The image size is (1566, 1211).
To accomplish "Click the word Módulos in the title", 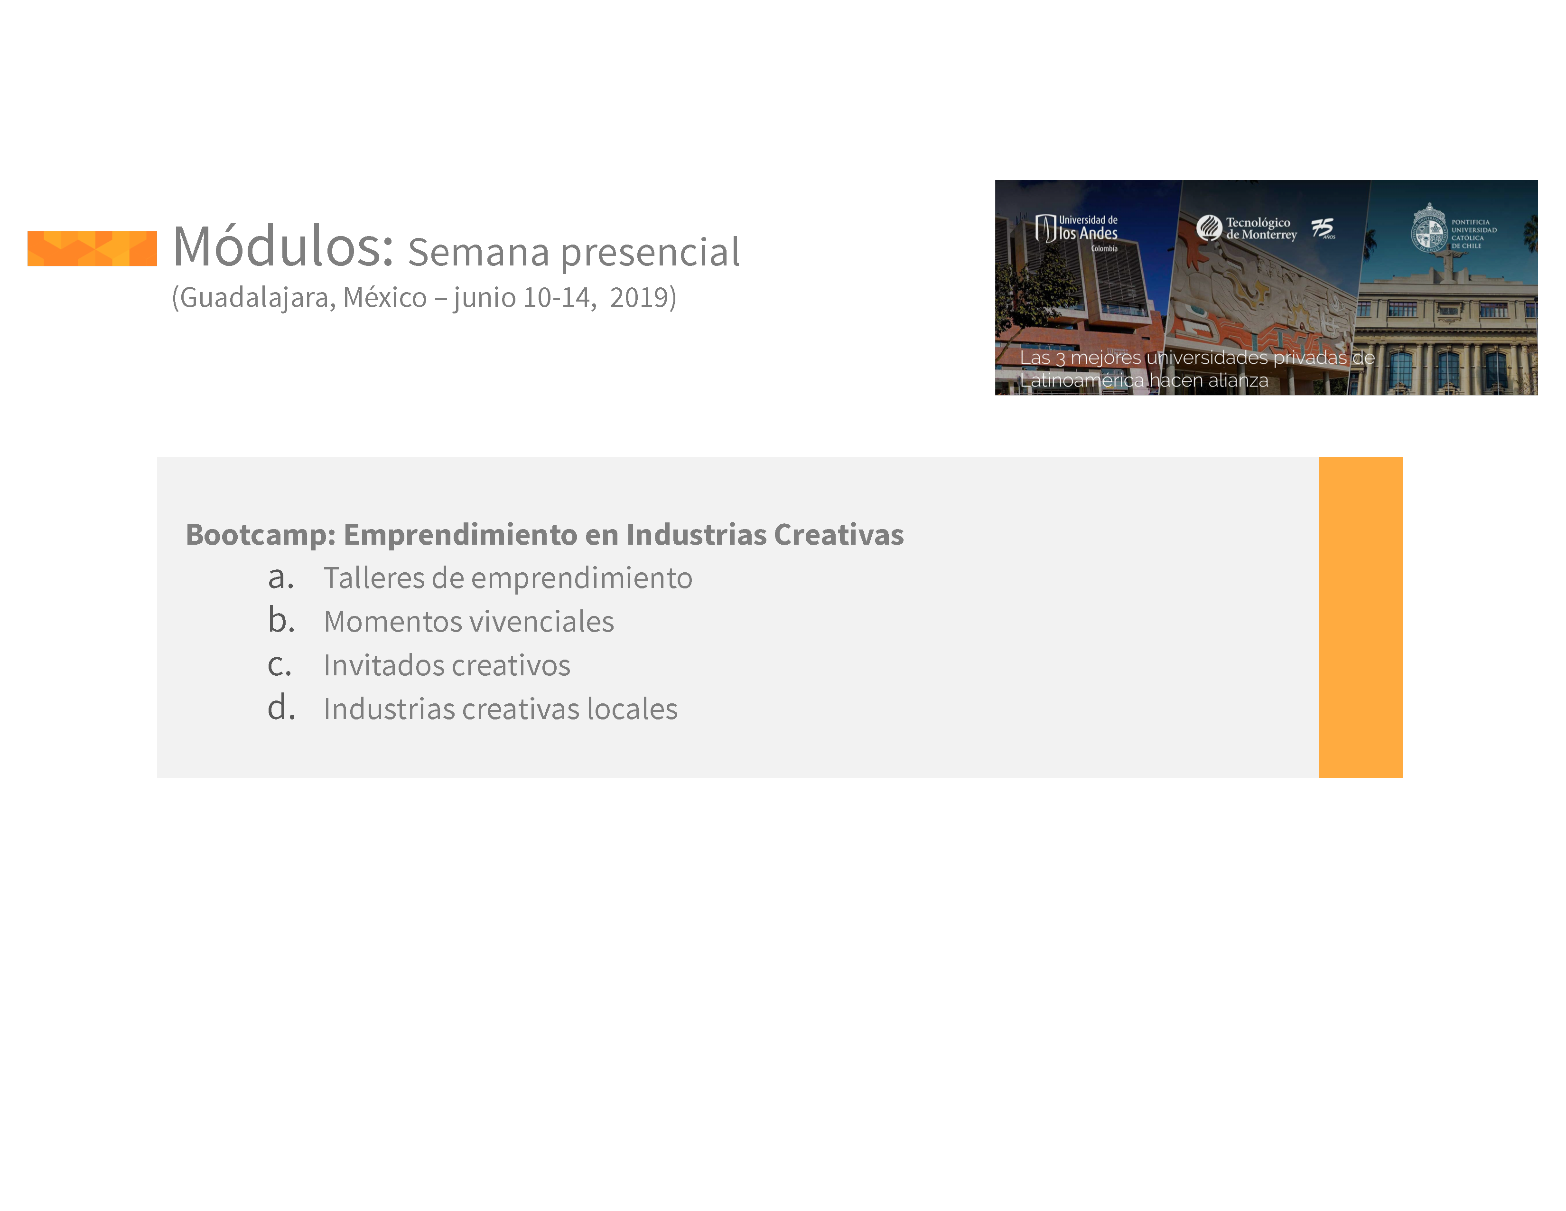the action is click(283, 246).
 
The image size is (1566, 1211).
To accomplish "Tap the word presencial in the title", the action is click(650, 253).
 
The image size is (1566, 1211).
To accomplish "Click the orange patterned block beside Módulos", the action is click(92, 248).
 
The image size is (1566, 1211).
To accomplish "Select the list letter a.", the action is click(280, 577).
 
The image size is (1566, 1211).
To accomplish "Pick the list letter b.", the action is click(281, 619).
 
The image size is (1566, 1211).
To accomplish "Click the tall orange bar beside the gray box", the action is click(1360, 617).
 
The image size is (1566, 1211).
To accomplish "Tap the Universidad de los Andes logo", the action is click(1076, 231).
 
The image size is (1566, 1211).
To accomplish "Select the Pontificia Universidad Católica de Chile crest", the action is click(1429, 228).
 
